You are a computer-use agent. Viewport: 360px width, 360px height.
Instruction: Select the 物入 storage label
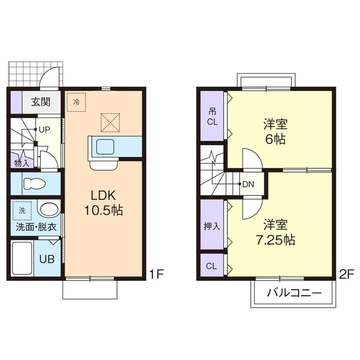point(21,163)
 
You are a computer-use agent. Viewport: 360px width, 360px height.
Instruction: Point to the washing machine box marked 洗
point(22,210)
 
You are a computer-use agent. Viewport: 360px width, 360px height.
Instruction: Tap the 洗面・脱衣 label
point(35,227)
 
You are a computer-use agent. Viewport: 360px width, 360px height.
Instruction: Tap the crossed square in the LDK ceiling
point(110,122)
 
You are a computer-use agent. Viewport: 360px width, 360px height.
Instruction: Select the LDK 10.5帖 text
point(103,203)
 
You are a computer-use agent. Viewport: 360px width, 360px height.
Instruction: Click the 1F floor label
point(156,275)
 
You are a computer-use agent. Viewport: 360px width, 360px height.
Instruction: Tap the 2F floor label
point(346,275)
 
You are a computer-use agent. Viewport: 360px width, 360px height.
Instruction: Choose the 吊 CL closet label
point(211,116)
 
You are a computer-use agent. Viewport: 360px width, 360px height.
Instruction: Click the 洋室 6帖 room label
point(275,131)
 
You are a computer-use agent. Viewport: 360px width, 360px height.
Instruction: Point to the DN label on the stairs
point(248,184)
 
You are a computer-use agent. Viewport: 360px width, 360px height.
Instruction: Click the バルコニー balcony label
point(294,293)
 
